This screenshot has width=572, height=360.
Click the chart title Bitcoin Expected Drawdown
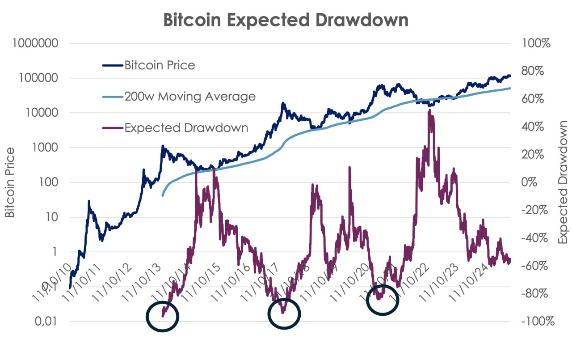[286, 20]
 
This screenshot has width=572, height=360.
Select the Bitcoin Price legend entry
[160, 65]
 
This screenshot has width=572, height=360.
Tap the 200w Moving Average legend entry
[190, 96]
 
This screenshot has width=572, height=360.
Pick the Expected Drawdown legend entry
[186, 127]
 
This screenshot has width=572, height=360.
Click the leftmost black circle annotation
[163, 316]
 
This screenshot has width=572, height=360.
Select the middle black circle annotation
[284, 313]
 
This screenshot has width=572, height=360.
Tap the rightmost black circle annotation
[383, 300]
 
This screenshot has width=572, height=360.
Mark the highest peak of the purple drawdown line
[429, 110]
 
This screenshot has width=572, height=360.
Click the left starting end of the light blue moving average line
[162, 195]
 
